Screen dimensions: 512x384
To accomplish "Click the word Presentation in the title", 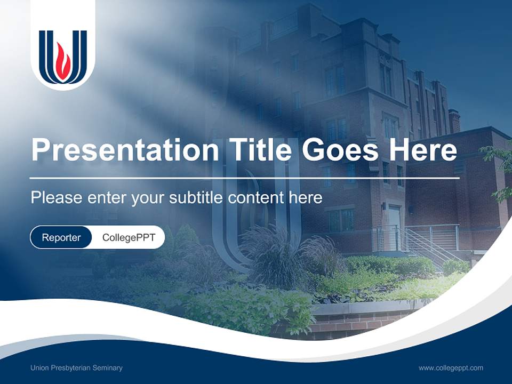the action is point(125,149).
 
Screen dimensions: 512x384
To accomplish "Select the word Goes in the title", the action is point(340,149).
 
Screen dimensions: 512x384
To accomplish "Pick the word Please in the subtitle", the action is point(57,197).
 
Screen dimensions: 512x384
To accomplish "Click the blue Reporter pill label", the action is point(61,237).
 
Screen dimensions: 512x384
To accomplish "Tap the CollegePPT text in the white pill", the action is point(129,237).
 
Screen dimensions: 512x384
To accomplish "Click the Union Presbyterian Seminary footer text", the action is point(76,368).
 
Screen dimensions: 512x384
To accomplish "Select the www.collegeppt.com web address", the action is point(451,368).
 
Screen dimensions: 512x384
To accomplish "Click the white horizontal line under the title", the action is point(245,178).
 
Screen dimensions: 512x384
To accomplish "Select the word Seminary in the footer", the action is point(107,368).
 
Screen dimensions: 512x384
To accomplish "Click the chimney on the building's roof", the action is point(454,121).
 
